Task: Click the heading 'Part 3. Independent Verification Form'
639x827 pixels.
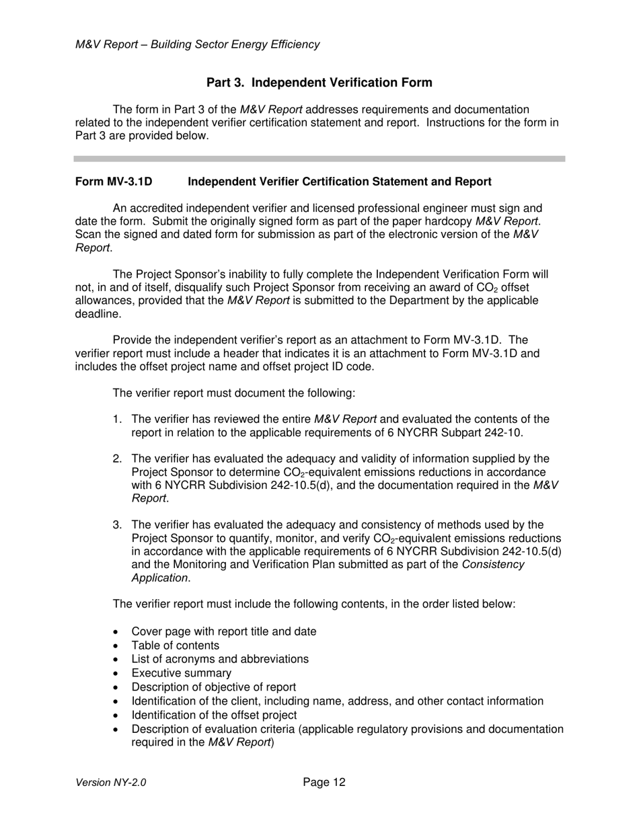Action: click(319, 83)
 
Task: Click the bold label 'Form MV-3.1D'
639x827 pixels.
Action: click(114, 182)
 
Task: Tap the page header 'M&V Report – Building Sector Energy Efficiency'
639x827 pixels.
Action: click(197, 45)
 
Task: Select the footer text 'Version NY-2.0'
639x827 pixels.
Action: click(111, 783)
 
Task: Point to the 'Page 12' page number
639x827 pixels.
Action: click(324, 782)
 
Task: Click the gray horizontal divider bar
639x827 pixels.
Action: click(319, 159)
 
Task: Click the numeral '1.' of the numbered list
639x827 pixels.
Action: click(118, 420)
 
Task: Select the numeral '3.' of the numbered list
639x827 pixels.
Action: click(118, 524)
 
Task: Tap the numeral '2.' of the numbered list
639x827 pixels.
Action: click(118, 459)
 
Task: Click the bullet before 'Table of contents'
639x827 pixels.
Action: click(118, 646)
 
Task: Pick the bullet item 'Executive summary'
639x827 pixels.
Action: click(181, 673)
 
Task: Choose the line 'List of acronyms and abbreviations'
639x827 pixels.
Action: click(220, 659)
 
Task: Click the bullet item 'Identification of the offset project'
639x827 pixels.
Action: click(214, 715)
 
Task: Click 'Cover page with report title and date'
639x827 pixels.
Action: click(223, 631)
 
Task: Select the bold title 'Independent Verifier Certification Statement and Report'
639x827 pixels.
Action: click(339, 182)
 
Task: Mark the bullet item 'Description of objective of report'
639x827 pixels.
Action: click(213, 687)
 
